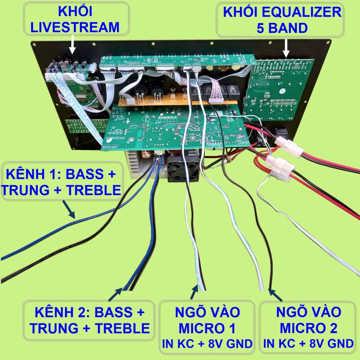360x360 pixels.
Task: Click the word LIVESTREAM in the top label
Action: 75,27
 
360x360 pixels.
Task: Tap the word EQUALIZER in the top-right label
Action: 302,12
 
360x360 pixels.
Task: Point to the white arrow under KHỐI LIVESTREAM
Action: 72,44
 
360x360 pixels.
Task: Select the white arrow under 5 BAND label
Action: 286,48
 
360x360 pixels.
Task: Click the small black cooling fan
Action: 183,169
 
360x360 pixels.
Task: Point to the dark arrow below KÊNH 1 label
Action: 69,209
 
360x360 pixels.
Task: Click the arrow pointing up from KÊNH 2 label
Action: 115,294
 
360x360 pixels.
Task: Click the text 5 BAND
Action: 282,28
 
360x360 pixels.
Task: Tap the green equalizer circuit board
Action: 278,90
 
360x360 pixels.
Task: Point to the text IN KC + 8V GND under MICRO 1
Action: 207,344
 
